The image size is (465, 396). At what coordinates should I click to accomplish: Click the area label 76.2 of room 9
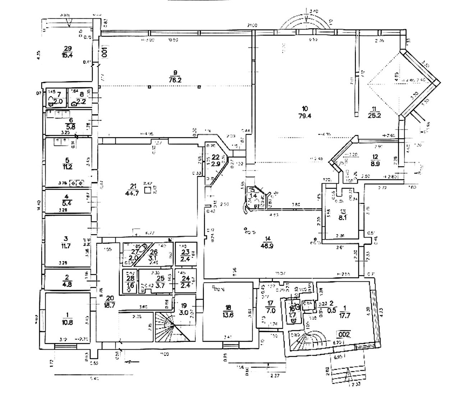click(174, 80)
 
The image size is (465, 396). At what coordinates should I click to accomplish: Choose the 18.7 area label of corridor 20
click(110, 304)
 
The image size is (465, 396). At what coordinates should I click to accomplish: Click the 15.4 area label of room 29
click(68, 55)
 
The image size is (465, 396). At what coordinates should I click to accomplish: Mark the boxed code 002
click(343, 334)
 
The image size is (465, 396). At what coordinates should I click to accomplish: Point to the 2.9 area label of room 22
click(215, 164)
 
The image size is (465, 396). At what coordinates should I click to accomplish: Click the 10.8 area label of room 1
click(68, 322)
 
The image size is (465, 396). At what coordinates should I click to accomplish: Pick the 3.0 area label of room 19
click(184, 312)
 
